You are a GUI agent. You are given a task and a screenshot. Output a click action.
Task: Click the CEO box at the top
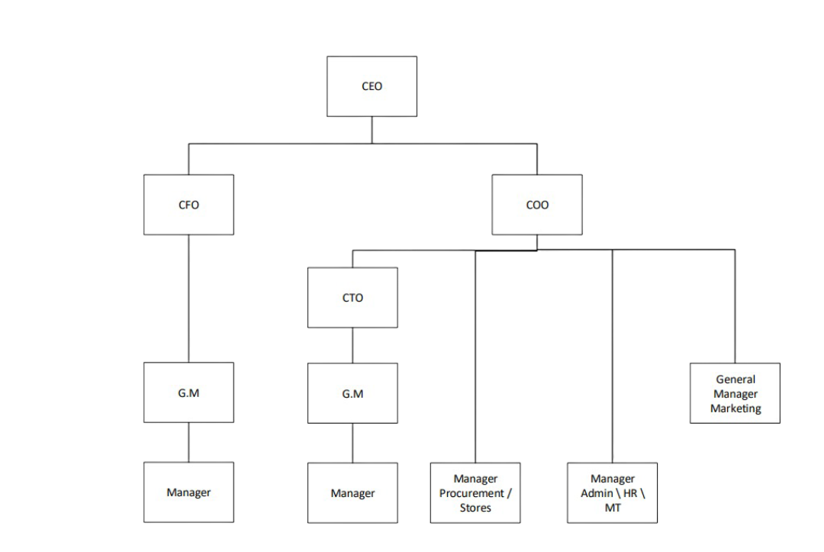point(372,86)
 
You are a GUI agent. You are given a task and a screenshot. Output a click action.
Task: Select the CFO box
point(188,205)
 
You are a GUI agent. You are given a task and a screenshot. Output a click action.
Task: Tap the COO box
point(536,205)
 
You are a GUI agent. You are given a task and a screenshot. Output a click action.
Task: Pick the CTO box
point(352,298)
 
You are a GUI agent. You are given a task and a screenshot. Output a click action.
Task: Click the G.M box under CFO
point(188,393)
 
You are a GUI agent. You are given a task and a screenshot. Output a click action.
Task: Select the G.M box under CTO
point(352,394)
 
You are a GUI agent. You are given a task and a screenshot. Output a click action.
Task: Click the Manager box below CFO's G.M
point(188,492)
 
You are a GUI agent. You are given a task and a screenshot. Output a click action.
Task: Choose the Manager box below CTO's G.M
point(352,493)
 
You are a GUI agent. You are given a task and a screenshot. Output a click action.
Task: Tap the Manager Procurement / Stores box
point(475,493)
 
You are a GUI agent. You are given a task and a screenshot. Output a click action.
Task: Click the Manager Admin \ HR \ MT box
point(612,493)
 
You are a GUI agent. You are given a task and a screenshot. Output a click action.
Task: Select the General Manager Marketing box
point(735,394)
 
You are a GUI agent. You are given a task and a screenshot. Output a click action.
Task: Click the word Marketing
point(735,408)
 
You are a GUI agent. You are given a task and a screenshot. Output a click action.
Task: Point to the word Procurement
point(472,493)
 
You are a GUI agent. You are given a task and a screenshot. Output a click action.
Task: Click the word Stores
point(475,508)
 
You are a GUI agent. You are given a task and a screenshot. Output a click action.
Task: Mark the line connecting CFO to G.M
point(188,298)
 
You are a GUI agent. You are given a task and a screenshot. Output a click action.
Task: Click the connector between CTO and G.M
point(352,345)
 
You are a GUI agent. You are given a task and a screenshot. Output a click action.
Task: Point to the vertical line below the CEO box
point(372,130)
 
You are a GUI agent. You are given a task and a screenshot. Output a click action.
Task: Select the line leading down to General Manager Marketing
point(735,305)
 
